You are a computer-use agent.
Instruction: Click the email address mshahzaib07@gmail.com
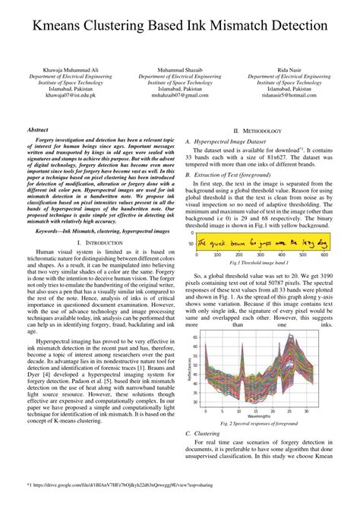click(x=181, y=96)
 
